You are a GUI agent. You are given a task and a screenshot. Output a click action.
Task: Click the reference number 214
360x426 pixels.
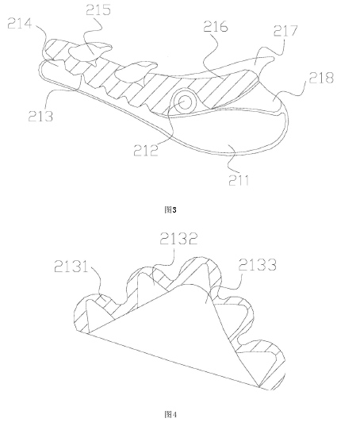point(20,24)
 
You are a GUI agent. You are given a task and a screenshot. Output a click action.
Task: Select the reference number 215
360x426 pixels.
point(98,10)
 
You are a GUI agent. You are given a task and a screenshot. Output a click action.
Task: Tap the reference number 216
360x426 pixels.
point(216,27)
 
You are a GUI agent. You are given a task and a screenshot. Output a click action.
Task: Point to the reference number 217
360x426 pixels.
point(285,31)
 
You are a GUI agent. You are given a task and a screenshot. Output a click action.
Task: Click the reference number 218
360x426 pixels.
point(321,78)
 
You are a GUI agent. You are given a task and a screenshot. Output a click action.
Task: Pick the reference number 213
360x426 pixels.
point(40,117)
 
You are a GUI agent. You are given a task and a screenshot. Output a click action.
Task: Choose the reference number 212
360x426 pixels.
point(146,150)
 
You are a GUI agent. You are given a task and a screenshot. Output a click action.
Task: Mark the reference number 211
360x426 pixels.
point(239,180)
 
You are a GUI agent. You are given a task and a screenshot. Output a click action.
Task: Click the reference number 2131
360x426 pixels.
point(71,267)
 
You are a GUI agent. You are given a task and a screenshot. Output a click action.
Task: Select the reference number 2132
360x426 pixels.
point(178,239)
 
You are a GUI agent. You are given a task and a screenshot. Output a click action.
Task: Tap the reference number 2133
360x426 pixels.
point(258,265)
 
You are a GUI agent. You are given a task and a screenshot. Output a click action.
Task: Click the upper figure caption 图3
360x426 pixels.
point(170,209)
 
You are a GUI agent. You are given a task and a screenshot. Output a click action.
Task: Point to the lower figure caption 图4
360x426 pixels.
point(170,415)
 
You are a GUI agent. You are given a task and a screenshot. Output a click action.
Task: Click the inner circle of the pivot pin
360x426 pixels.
point(185,102)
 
